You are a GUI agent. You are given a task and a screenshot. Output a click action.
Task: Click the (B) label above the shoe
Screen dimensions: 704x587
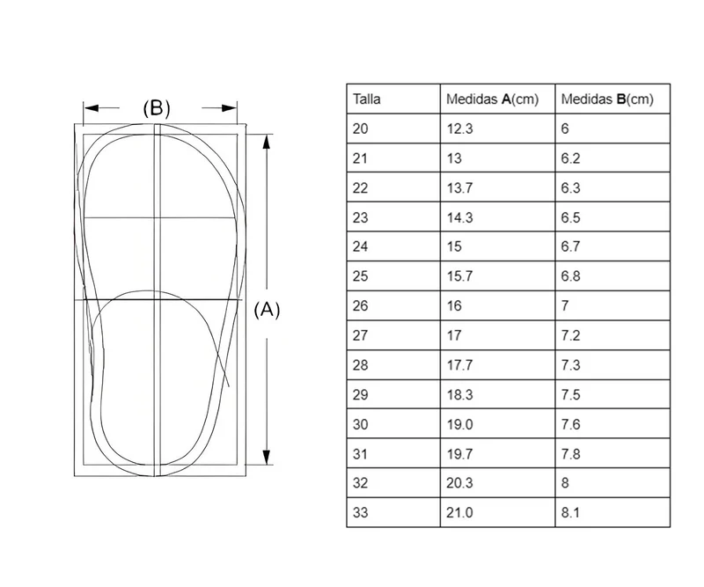click(x=157, y=108)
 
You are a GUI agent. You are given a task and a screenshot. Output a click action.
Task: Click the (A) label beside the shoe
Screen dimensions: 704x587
click(x=267, y=310)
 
